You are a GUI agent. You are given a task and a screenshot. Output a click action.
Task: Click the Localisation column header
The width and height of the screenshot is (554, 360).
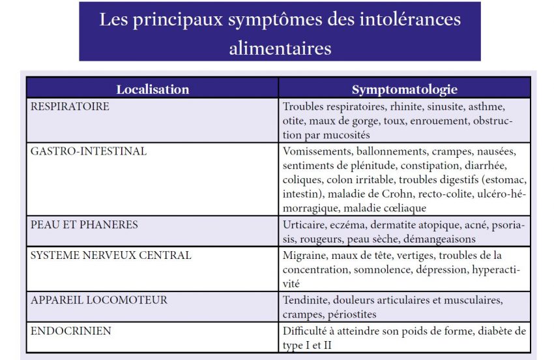tap(153, 89)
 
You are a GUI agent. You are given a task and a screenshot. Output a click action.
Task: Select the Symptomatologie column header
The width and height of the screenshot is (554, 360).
tap(405, 89)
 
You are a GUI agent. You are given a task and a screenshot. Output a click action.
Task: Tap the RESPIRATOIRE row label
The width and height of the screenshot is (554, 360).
tap(70, 106)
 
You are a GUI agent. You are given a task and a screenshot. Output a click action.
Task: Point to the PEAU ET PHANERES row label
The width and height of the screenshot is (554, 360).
tap(85, 224)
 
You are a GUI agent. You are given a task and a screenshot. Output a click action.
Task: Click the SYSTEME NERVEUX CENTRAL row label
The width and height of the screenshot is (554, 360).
tap(111, 255)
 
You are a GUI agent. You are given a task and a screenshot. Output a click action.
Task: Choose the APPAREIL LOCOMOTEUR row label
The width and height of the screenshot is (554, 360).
tap(99, 300)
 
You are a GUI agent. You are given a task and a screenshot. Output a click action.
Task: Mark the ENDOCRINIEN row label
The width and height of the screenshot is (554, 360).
tap(71, 331)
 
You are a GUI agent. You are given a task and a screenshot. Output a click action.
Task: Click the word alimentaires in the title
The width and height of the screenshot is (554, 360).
tap(280, 47)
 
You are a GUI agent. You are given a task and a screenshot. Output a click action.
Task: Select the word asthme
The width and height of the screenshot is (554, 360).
tap(487, 106)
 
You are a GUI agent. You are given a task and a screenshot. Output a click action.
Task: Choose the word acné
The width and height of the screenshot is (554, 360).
tap(474, 225)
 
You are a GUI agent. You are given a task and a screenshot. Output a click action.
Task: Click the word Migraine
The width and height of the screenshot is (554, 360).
tap(305, 256)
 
